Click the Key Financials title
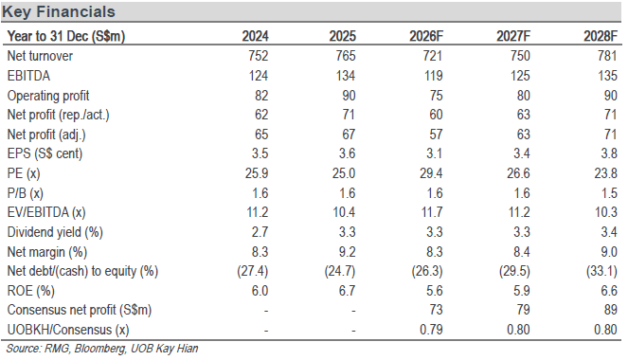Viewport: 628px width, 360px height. tap(59, 11)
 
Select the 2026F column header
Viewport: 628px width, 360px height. tap(425, 36)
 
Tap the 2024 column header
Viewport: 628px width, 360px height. tap(255, 36)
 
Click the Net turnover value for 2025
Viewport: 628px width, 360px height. tap(346, 56)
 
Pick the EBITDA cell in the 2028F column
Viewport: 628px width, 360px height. tap(607, 76)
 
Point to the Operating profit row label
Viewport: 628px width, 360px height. tap(48, 96)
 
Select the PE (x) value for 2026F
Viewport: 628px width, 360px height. tap(431, 173)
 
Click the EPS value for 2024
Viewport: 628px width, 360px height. tap(260, 153)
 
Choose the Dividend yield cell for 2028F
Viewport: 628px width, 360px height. tap(609, 232)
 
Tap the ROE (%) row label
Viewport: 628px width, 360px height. tap(31, 291)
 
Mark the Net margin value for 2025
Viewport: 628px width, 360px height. tap(348, 252)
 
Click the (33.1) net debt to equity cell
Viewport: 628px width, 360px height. tap(601, 271)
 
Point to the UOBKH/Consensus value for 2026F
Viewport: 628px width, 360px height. tap(431, 330)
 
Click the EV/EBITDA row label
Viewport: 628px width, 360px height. tap(46, 212)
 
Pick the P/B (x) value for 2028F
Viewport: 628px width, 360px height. tap(609, 193)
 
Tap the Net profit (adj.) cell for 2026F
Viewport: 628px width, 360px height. tap(436, 135)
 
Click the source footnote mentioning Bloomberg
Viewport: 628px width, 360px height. tap(102, 349)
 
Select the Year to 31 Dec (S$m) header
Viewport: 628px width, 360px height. tap(66, 36)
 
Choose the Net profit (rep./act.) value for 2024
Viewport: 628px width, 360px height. tap(261, 115)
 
